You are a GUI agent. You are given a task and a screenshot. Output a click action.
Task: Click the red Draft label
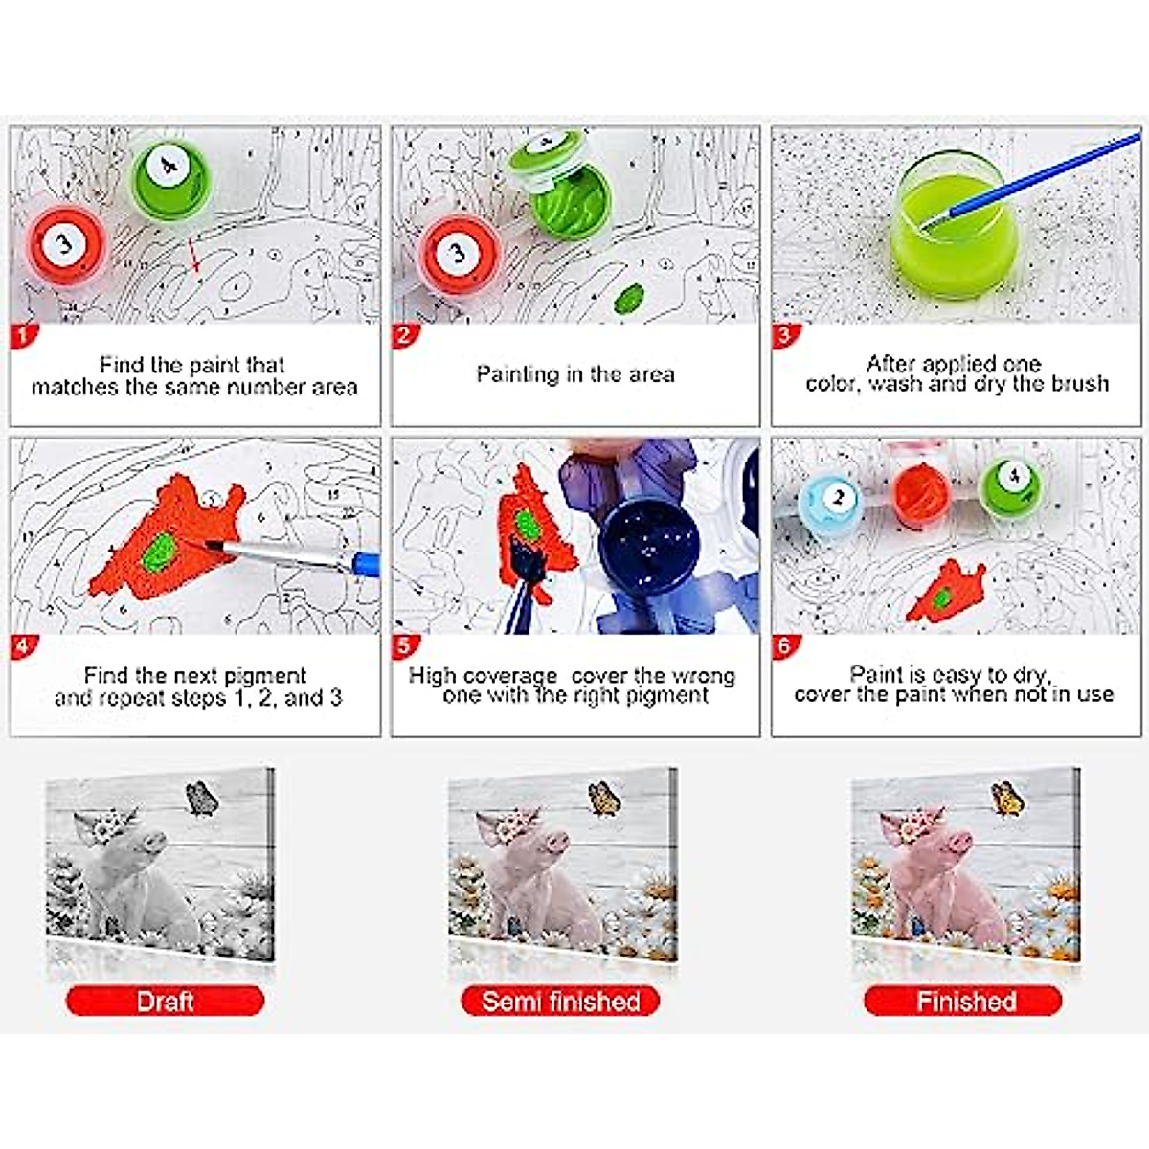tap(165, 1002)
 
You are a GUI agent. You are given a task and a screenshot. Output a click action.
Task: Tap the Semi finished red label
tap(561, 1002)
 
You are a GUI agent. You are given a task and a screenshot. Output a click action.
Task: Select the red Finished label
tap(965, 1002)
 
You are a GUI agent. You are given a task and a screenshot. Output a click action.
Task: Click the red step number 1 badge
tap(22, 335)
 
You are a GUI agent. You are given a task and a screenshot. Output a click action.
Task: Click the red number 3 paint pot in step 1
tap(64, 246)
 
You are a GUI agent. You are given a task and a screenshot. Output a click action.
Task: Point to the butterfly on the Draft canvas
tap(201, 797)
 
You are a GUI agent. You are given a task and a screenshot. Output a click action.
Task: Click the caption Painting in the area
tap(575, 374)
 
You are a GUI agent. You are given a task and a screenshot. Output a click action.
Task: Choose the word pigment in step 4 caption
tap(259, 675)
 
